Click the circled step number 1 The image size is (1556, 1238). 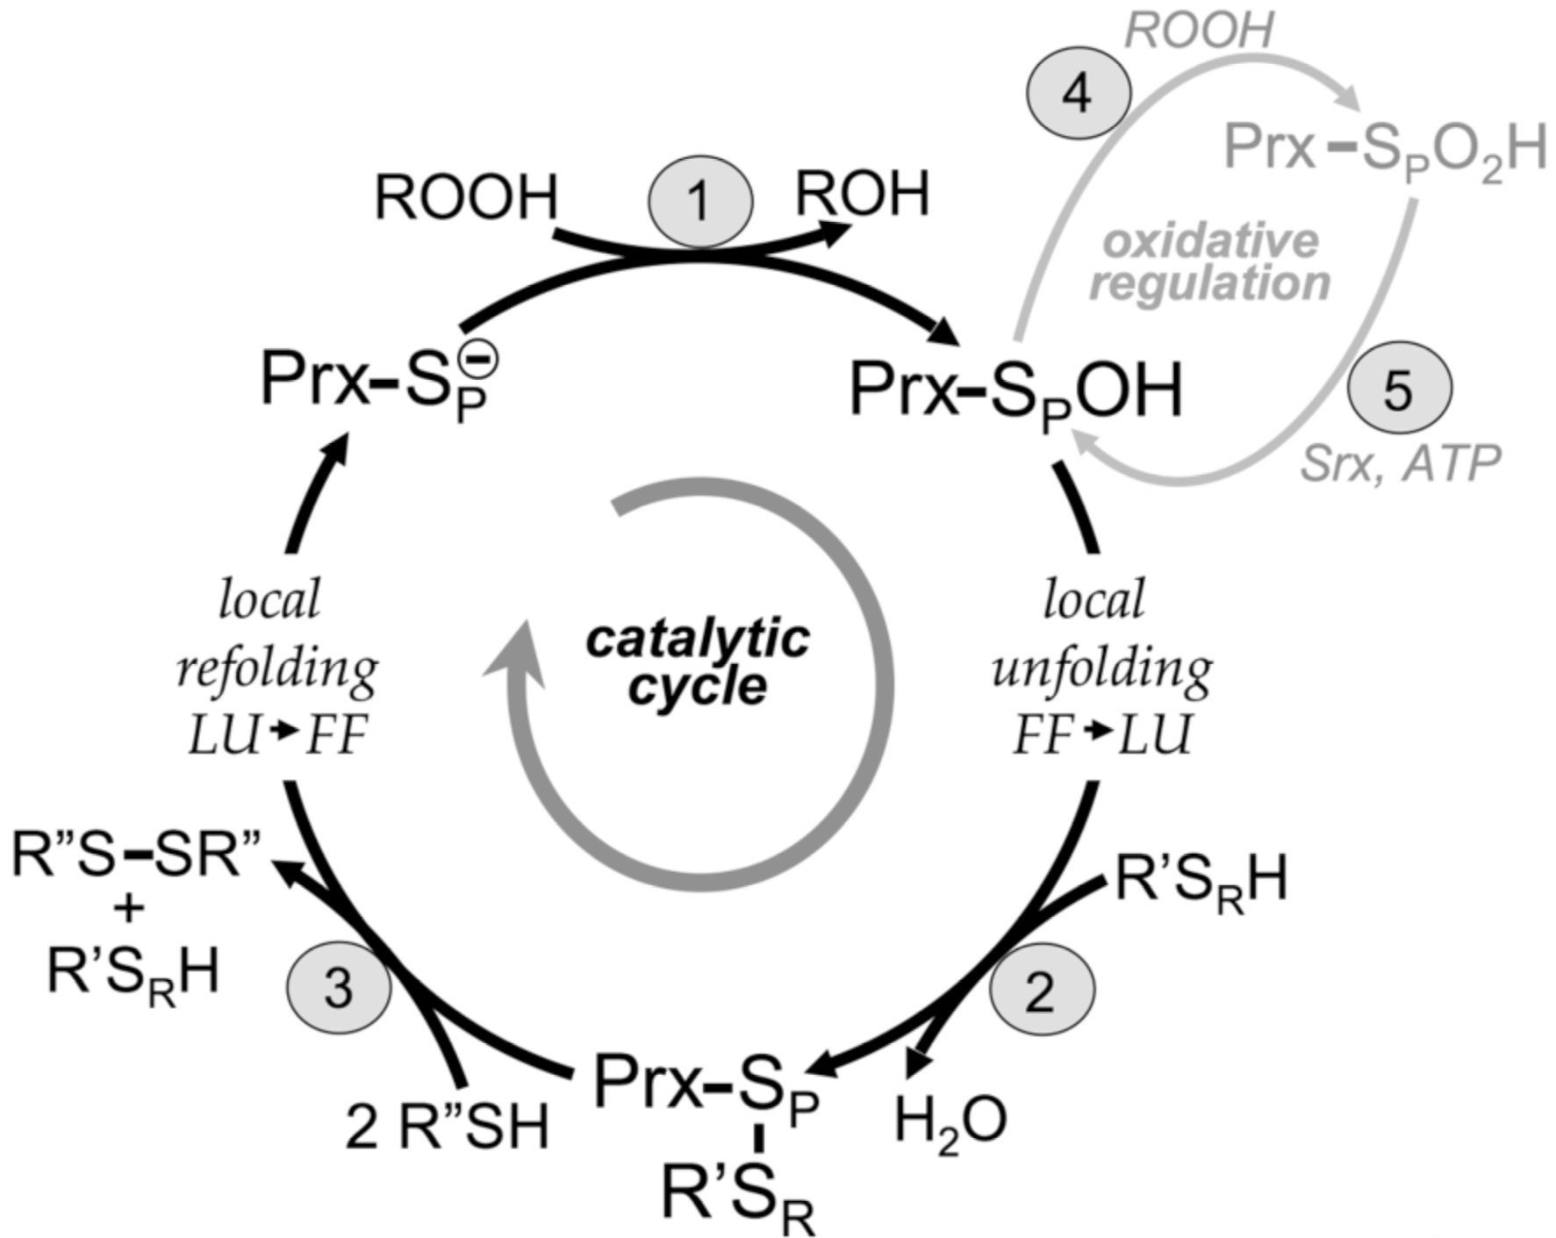(699, 201)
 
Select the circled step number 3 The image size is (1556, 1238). (339, 989)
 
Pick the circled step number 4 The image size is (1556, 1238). (1078, 92)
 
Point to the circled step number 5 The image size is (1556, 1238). (1399, 388)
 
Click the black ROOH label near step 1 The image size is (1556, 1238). (466, 197)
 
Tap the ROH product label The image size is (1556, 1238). (862, 194)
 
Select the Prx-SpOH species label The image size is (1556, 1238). (1016, 391)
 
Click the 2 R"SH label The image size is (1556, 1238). (447, 1126)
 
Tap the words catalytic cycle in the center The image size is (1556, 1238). (698, 662)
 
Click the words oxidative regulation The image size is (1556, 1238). (1210, 262)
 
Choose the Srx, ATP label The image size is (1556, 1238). (1399, 462)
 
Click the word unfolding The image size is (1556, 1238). (1102, 670)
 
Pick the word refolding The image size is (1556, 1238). (277, 670)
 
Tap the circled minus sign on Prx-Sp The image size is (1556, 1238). (482, 359)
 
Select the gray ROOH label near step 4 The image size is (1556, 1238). (1198, 31)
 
